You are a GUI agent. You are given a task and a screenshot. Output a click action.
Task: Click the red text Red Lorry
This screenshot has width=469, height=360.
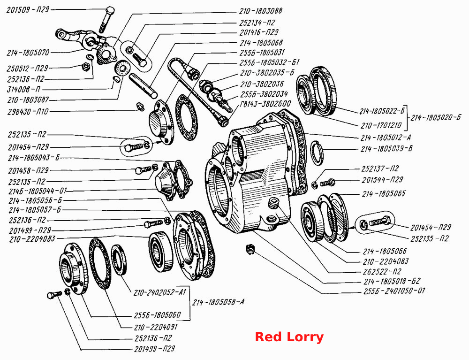click(289, 337)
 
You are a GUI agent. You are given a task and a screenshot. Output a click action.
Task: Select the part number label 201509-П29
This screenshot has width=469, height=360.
click(28, 9)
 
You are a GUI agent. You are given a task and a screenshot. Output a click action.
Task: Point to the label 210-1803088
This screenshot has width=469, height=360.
click(260, 11)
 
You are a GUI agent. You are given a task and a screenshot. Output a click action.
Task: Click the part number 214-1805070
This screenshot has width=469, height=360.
click(28, 53)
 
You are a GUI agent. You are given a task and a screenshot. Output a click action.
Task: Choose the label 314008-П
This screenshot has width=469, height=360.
click(23, 89)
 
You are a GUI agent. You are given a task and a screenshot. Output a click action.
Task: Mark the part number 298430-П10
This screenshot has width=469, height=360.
click(28, 112)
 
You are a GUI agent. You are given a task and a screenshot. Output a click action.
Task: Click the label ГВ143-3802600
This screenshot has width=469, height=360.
click(265, 104)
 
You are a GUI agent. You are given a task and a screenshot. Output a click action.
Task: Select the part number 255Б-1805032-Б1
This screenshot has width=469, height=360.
click(269, 63)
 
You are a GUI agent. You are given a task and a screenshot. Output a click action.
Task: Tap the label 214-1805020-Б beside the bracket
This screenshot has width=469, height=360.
click(436, 118)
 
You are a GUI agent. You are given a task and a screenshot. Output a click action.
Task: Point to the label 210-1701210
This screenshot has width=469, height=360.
click(381, 125)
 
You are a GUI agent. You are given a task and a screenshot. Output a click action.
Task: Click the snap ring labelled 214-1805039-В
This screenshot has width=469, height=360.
click(317, 153)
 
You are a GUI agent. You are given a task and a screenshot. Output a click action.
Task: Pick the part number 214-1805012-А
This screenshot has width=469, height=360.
click(386, 138)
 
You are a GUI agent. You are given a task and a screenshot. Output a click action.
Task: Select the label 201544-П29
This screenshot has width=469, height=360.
click(382, 180)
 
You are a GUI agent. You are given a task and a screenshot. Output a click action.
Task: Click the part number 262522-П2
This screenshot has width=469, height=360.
click(382, 271)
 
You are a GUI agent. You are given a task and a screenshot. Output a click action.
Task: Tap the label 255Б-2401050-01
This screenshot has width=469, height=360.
click(394, 291)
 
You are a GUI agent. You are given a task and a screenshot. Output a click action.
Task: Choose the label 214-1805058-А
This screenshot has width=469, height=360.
click(218, 302)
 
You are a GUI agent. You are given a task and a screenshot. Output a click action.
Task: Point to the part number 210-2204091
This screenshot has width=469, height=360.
click(156, 327)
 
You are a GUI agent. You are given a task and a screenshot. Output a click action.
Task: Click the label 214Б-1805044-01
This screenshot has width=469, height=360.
click(38, 191)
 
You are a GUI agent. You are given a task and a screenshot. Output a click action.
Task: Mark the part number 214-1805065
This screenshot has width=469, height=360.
click(384, 194)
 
